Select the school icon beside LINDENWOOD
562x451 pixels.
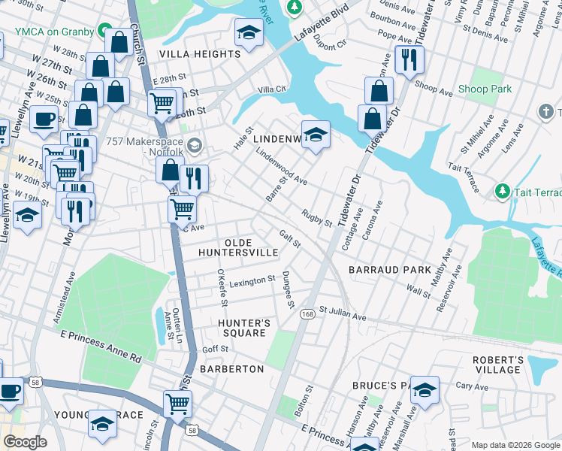(x=316, y=136)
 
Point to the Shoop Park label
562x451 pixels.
(x=485, y=89)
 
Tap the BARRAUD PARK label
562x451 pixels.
(x=390, y=269)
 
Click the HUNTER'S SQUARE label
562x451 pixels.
(x=242, y=328)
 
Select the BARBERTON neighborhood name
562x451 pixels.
(x=232, y=369)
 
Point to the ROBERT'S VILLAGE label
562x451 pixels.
(x=497, y=365)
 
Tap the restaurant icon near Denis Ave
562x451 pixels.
(x=409, y=60)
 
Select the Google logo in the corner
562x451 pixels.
(x=25, y=442)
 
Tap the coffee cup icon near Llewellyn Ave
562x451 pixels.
(x=44, y=119)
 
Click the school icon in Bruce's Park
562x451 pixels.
(x=425, y=391)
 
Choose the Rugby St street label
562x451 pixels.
(x=316, y=219)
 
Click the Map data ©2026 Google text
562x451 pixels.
(x=513, y=444)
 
